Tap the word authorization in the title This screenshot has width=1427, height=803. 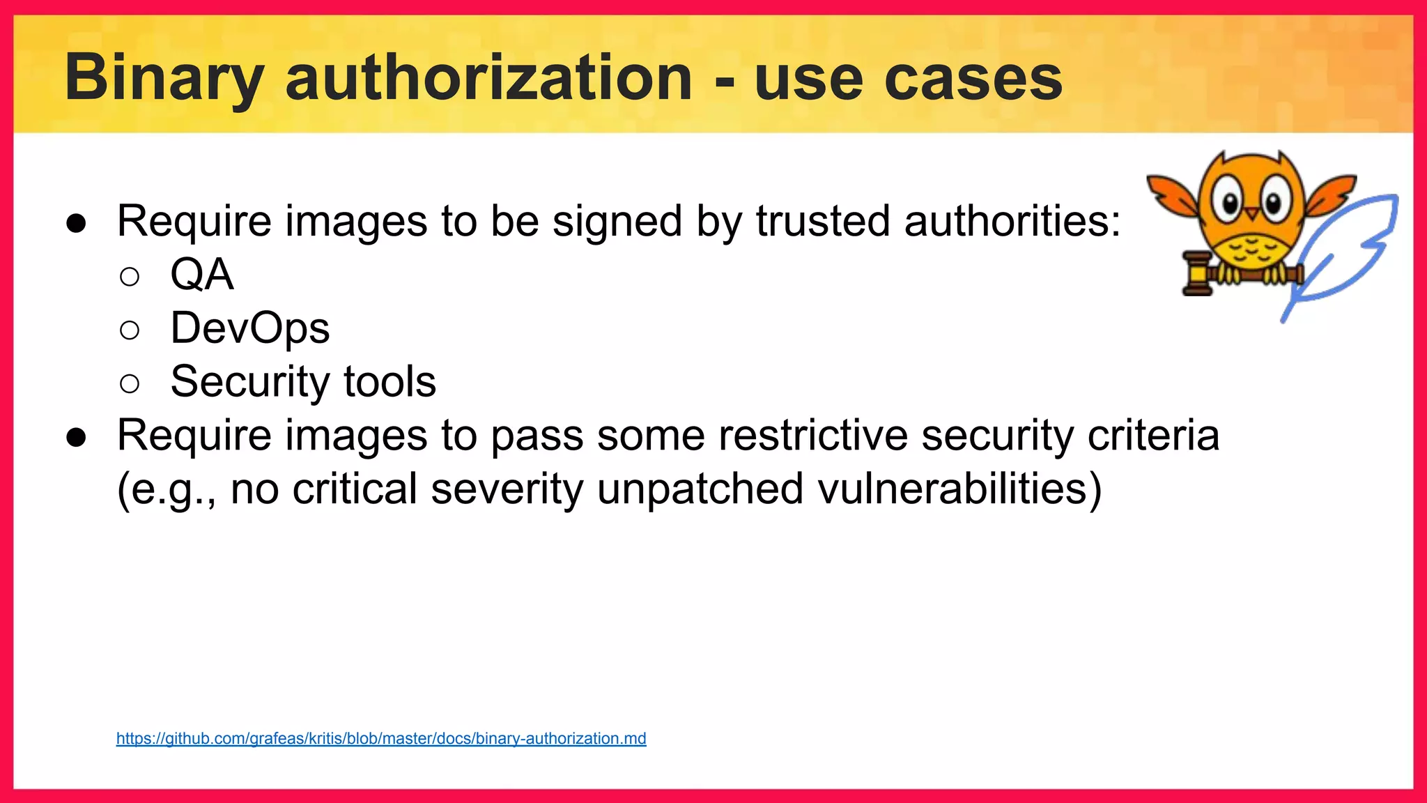[488, 78]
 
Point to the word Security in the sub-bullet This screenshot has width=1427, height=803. [250, 382]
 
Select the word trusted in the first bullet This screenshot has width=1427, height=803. [823, 222]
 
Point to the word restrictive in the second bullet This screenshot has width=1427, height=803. [812, 436]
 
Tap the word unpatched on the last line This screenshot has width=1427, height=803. [700, 489]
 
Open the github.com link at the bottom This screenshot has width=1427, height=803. [381, 739]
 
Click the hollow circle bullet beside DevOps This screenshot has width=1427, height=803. [130, 330]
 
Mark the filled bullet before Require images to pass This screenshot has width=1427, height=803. [76, 437]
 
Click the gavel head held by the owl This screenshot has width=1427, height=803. [1198, 274]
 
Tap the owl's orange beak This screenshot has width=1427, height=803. [1252, 213]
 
